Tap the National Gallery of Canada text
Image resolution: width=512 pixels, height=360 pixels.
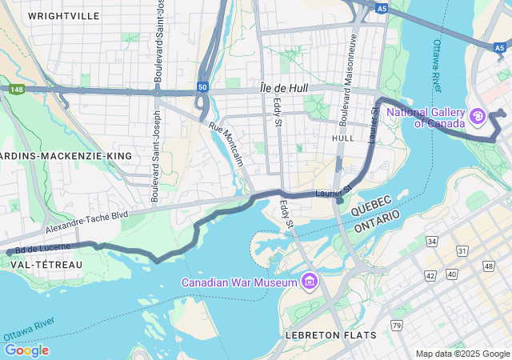pyautogui.click(x=426, y=118)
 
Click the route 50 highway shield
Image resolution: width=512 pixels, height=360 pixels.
pyautogui.click(x=202, y=86)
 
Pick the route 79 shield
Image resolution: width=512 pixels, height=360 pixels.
pyautogui.click(x=396, y=325)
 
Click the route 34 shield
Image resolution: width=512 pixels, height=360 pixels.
pyautogui.click(x=432, y=241)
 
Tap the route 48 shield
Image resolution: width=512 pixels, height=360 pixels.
pyautogui.click(x=488, y=265)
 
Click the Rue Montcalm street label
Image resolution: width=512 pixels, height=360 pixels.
pyautogui.click(x=227, y=144)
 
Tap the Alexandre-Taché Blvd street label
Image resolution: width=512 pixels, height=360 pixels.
pyautogui.click(x=86, y=222)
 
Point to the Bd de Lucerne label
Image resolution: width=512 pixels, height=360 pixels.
pyautogui.click(x=42, y=248)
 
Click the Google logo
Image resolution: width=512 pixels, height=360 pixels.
pyautogui.click(x=26, y=350)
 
